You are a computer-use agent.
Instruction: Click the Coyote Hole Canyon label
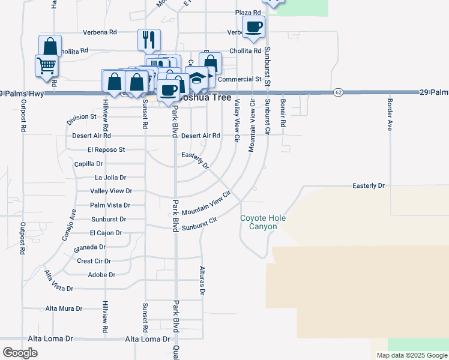[x=263, y=222]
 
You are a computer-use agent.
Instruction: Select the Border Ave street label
[x=390, y=115]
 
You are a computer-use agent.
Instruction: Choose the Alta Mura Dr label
[x=64, y=308]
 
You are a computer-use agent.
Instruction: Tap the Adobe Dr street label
[x=101, y=275]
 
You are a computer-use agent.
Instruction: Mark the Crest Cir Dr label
[x=94, y=261]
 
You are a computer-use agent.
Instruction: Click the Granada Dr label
[x=89, y=247]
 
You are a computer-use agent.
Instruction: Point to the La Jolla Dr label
[x=110, y=178]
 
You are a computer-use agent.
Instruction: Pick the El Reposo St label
[x=106, y=149]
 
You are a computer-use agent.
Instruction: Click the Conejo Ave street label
[x=69, y=224]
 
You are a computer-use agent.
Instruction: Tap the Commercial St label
[x=240, y=79]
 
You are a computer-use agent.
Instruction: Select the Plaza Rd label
[x=248, y=13]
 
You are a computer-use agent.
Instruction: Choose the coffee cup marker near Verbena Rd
[x=253, y=27]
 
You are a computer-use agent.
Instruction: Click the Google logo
[x=20, y=353]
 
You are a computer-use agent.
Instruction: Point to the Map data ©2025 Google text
[x=411, y=355]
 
